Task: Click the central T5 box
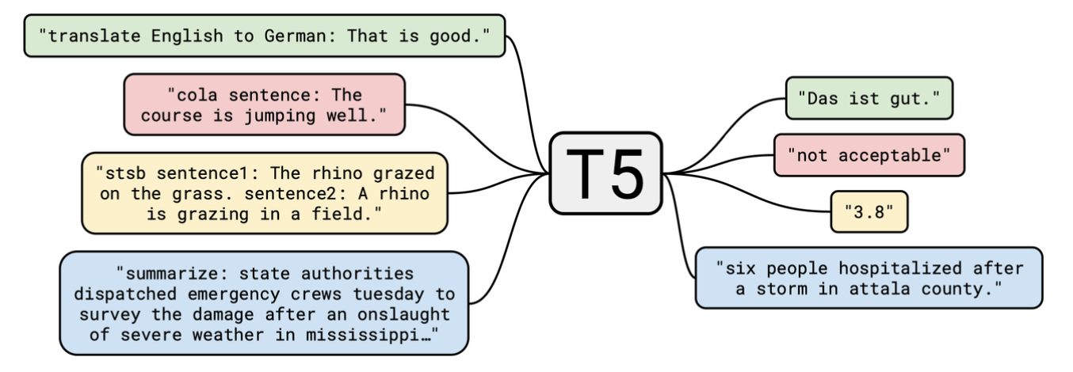(x=605, y=173)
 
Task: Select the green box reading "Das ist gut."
(x=869, y=98)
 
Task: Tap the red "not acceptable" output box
(x=869, y=155)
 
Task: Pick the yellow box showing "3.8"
(x=869, y=211)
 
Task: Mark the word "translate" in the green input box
(x=90, y=36)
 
